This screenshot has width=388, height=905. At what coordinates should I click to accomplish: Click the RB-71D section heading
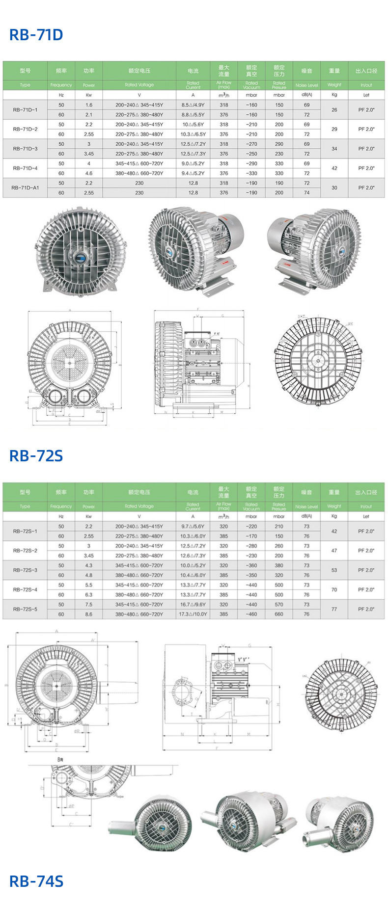click(x=36, y=35)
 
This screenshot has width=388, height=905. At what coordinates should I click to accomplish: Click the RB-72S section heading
click(x=36, y=456)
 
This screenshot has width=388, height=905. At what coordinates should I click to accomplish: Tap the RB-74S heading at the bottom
click(x=36, y=881)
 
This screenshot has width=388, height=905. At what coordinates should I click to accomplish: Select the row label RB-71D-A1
click(x=25, y=188)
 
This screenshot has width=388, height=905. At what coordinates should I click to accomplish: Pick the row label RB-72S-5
click(x=25, y=610)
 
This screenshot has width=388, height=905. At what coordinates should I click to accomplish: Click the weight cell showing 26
click(x=334, y=110)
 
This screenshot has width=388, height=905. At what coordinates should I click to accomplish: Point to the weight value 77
click(x=334, y=610)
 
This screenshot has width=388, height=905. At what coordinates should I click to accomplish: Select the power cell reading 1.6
click(x=89, y=105)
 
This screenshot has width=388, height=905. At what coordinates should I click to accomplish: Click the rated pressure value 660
click(x=279, y=614)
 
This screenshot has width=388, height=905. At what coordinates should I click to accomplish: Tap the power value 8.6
click(x=89, y=614)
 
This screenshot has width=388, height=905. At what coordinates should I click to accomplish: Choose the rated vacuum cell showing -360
click(x=251, y=565)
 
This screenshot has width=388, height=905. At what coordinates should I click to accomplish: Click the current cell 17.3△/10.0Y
click(x=193, y=614)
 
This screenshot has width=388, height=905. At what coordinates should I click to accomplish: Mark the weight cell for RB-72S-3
click(x=334, y=570)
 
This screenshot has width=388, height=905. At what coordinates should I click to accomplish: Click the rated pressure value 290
click(x=279, y=144)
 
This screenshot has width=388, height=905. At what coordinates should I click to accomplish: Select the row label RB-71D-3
click(x=25, y=149)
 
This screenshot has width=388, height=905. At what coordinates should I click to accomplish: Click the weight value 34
click(x=334, y=149)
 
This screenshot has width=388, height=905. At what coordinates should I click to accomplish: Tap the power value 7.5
click(x=89, y=605)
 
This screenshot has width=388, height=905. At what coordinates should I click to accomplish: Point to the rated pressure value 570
click(x=279, y=605)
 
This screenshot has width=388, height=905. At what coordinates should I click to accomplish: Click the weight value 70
click(x=334, y=590)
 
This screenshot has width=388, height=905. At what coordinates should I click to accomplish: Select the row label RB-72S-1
click(x=25, y=532)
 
